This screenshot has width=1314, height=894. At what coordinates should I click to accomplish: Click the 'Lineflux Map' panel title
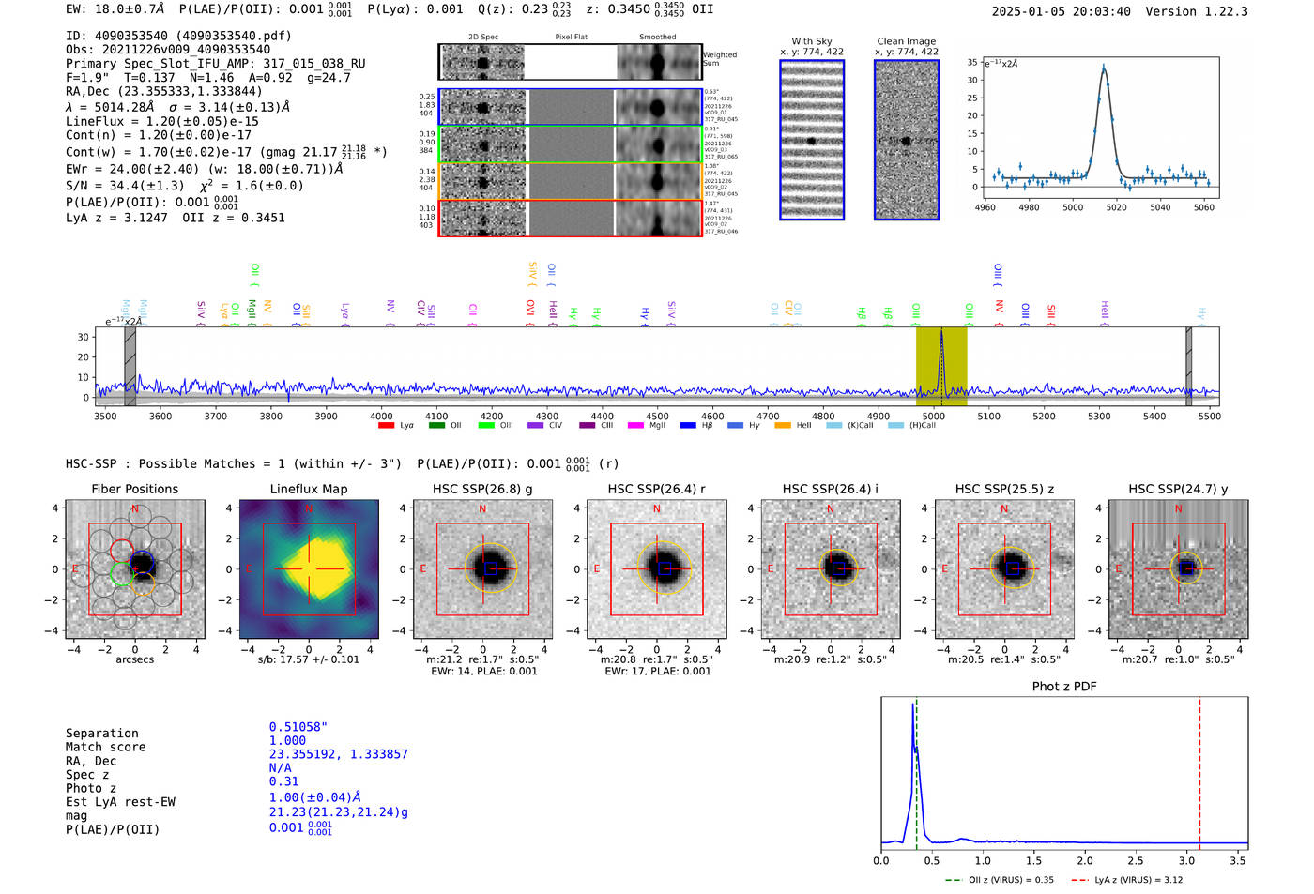click(308, 489)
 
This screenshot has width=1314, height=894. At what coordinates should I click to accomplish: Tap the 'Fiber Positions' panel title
click(134, 489)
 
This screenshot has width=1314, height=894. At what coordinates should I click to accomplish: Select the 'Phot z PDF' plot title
click(1063, 686)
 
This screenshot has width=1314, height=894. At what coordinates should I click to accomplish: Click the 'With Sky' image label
click(811, 41)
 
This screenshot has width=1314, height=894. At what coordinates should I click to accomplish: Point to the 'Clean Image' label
click(906, 41)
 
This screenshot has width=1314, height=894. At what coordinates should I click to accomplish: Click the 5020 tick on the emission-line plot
click(1116, 207)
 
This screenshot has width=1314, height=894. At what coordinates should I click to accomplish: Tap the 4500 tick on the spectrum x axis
click(657, 417)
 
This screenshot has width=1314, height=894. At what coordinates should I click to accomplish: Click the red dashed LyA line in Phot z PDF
click(1199, 769)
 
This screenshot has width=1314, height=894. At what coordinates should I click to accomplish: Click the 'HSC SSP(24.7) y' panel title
click(1178, 489)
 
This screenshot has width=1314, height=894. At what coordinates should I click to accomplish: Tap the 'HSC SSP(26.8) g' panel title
click(482, 489)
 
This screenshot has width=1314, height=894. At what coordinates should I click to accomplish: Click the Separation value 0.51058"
click(298, 727)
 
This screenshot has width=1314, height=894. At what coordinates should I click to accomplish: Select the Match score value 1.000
click(287, 740)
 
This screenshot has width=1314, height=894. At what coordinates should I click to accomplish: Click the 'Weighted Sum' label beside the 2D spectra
click(719, 59)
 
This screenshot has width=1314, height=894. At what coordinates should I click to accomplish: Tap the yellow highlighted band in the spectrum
click(941, 366)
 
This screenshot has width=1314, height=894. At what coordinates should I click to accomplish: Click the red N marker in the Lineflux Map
click(308, 509)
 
